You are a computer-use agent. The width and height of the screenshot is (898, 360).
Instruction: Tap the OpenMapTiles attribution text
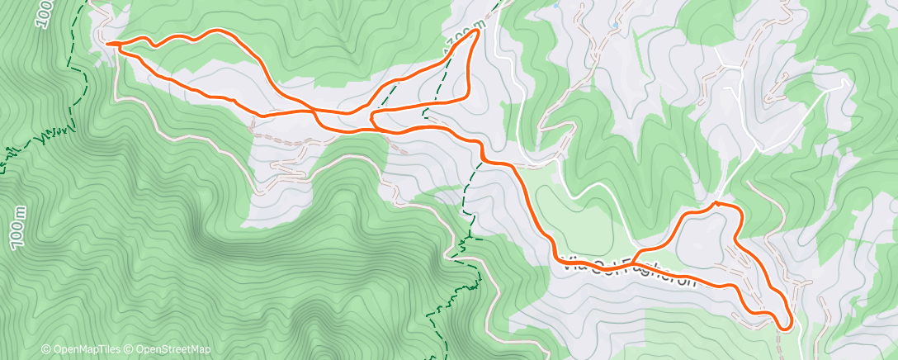[x=86, y=349]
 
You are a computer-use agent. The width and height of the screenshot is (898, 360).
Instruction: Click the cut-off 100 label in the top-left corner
[x=44, y=14]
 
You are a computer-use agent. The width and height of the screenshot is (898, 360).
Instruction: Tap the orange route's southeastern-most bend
[x=787, y=326]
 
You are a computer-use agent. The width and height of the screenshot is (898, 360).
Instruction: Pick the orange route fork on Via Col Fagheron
[x=638, y=249]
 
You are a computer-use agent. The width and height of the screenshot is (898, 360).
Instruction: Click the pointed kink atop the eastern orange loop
[x=715, y=201]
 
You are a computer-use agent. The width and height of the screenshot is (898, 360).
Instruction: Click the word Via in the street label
[x=572, y=265]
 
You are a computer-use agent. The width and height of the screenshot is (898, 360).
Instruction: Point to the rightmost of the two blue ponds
[x=615, y=26]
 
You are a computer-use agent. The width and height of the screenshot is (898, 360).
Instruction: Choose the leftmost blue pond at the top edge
[x=559, y=6]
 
